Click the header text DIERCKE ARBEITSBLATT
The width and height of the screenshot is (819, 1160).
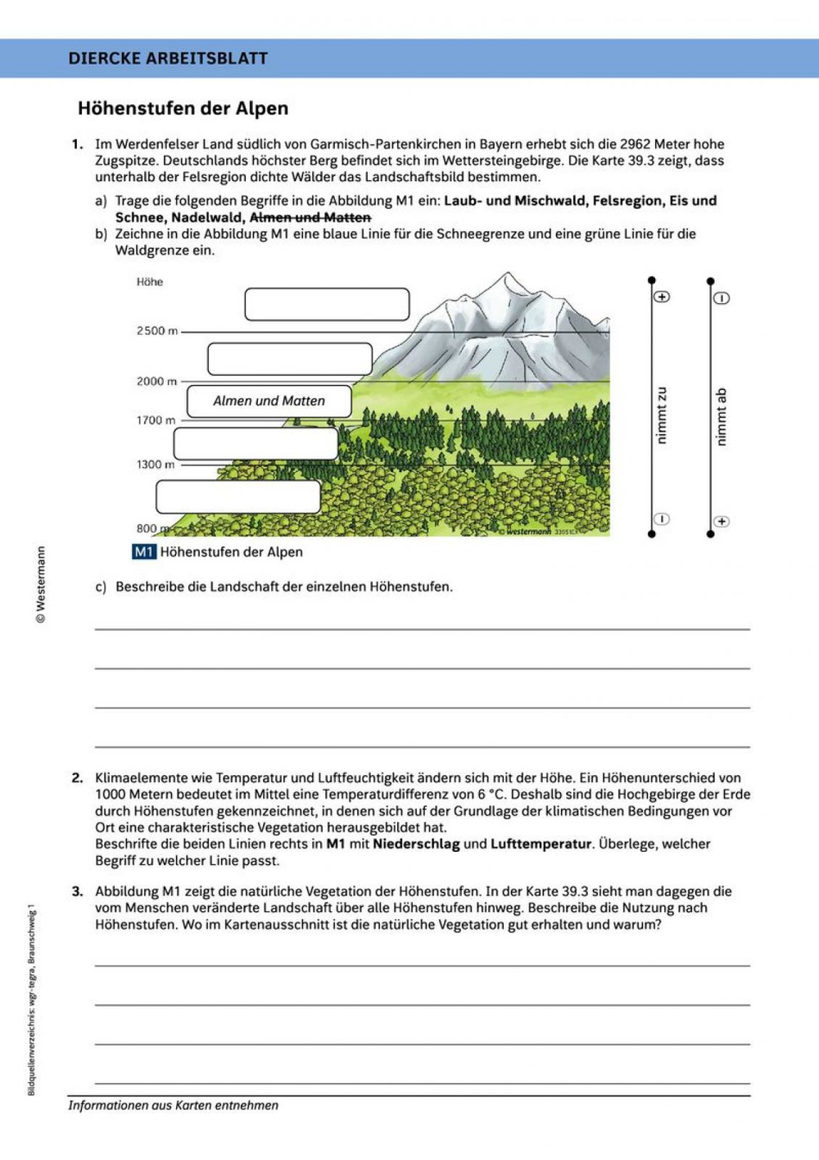pyautogui.click(x=168, y=58)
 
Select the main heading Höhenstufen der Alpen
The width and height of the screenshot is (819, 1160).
pyautogui.click(x=183, y=108)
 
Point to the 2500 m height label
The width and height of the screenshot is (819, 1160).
pyautogui.click(x=156, y=331)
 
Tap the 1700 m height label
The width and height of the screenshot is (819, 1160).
pyautogui.click(x=156, y=420)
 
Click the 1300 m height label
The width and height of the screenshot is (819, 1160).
pyautogui.click(x=156, y=464)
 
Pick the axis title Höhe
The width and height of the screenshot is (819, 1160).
pyautogui.click(x=150, y=282)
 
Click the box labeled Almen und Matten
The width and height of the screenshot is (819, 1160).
pyautogui.click(x=269, y=401)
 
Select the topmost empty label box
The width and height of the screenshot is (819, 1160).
pyautogui.click(x=327, y=304)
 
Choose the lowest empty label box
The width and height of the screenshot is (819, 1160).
pyautogui.click(x=238, y=496)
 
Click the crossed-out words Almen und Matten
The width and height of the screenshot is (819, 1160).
pyautogui.click(x=310, y=217)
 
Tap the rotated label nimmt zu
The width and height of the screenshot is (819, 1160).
pyautogui.click(x=662, y=416)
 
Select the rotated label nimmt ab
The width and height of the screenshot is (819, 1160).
pyautogui.click(x=721, y=417)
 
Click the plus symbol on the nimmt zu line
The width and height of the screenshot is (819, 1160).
pyautogui.click(x=662, y=297)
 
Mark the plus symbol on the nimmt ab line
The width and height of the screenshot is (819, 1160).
pyautogui.click(x=721, y=521)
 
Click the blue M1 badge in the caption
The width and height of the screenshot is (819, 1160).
pyautogui.click(x=143, y=552)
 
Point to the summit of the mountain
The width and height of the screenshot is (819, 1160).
pyautogui.click(x=508, y=274)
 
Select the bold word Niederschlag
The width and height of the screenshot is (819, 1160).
pyautogui.click(x=416, y=844)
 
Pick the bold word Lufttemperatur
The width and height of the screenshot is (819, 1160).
pyautogui.click(x=541, y=844)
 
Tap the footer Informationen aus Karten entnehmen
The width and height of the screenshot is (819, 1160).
pyautogui.click(x=173, y=1105)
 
